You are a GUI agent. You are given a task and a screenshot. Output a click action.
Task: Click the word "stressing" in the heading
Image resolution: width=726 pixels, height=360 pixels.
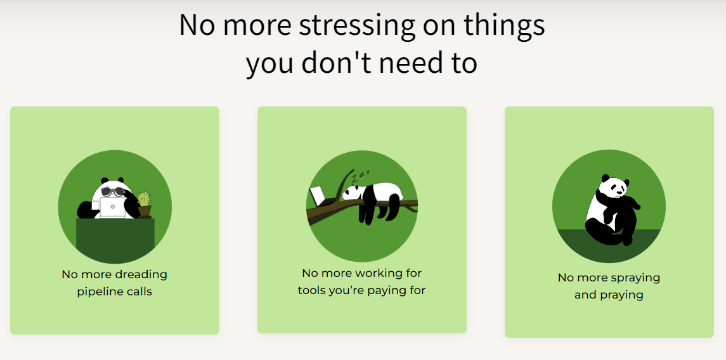click(357, 25)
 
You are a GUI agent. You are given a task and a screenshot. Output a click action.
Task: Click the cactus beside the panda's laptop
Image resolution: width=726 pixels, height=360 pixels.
click(144, 200)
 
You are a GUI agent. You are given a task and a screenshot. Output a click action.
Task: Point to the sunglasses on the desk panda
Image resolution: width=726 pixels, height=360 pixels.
click(112, 191)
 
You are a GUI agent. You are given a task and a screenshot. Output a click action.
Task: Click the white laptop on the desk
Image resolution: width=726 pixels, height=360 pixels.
click(112, 208)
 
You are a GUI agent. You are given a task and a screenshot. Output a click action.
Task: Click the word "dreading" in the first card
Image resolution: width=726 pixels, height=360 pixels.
click(141, 274)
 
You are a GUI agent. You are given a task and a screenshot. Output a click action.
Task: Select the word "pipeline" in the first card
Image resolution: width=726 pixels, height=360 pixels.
click(98, 292)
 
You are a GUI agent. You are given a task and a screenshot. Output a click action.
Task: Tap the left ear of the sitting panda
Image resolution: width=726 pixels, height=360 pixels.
click(605, 178)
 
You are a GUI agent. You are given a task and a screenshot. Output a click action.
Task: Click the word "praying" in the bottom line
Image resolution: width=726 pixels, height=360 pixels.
click(621, 295)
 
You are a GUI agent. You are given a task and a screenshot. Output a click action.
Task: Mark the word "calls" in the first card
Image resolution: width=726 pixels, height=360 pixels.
click(138, 292)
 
